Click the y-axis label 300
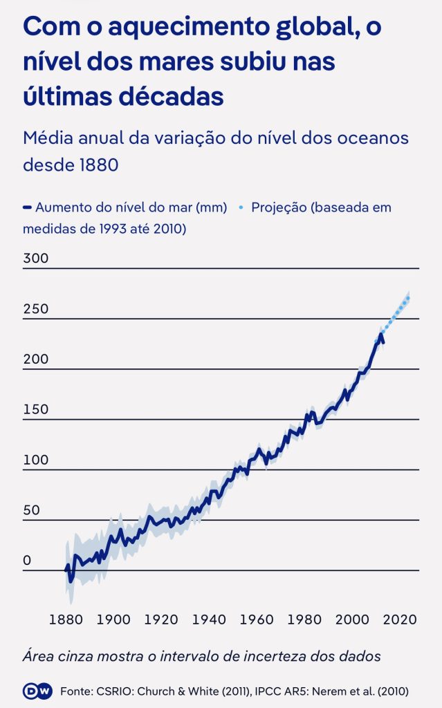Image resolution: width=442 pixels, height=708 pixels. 36,259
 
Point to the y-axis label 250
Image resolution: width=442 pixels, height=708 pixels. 36,309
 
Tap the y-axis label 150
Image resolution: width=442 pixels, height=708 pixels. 36,409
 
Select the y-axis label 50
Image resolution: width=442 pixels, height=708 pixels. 32,510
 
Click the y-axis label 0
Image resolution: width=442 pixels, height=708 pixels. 27,561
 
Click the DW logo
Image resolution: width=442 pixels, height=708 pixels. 38,691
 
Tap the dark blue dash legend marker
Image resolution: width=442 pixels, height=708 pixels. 27,207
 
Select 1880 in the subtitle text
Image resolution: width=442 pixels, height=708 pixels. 96,166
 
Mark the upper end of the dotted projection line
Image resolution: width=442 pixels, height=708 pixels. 409,298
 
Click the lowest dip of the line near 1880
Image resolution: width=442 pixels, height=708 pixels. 70,578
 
